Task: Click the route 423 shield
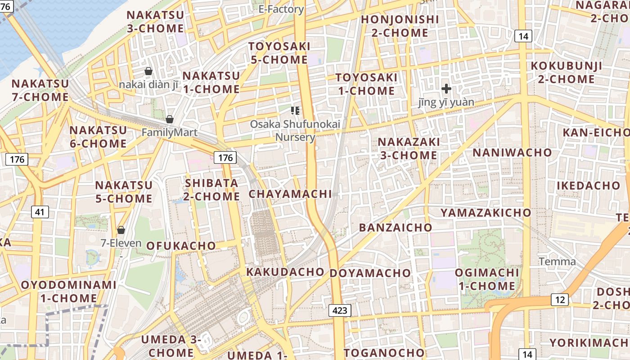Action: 340,310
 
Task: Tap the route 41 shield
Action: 40,211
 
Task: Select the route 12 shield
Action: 560,300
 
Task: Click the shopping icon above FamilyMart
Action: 170,119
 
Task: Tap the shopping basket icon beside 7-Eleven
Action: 121,230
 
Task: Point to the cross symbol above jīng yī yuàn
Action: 446,89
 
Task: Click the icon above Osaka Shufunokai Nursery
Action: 295,110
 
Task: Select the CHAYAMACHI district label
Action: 290,194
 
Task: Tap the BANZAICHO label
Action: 395,227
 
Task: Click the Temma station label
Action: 557,261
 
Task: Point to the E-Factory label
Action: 281,9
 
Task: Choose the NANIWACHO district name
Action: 512,152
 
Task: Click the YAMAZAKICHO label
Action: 486,212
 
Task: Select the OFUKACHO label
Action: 181,245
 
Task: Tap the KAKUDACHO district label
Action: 285,272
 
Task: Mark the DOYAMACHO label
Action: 370,273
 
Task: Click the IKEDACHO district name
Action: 588,185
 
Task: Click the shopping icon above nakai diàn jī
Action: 148,71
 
